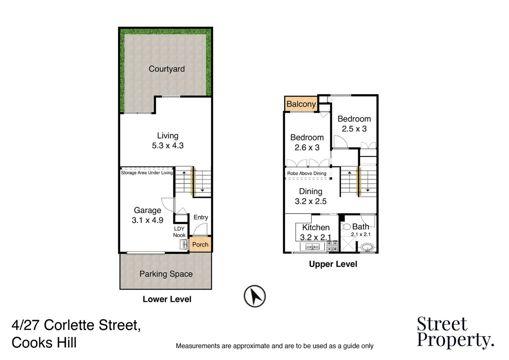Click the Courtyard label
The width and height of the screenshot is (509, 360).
167,69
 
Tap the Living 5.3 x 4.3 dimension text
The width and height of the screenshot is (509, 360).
168,146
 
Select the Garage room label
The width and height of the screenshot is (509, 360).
148,210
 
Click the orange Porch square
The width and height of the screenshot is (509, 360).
200,245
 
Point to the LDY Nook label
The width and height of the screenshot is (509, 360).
179,232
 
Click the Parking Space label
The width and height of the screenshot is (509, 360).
166,274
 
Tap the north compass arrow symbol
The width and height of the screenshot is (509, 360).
255,296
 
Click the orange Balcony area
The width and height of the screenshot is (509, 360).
301,104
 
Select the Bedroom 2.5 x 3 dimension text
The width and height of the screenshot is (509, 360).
354,129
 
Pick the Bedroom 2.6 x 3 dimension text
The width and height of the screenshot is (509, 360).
307,148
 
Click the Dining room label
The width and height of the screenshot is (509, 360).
311,192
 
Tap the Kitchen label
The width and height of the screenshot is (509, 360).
316,228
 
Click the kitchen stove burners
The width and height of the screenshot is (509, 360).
332,246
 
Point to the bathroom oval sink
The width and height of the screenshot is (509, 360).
367,248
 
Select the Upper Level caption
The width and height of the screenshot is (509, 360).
333,264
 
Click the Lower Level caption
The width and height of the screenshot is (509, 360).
167,299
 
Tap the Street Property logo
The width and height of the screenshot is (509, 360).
455,332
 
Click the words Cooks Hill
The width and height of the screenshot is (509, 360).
44,343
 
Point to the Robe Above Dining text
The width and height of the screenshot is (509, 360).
307,173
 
